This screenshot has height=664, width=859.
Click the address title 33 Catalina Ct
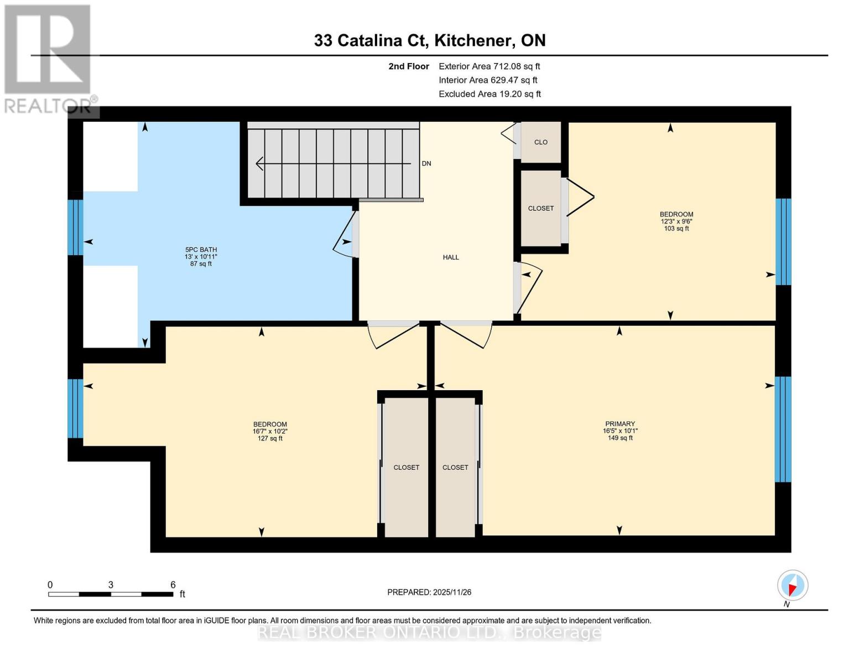pyautogui.click(x=429, y=40)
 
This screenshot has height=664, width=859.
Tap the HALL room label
pyautogui.click(x=451, y=257)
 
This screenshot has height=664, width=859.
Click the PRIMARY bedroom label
pyautogui.click(x=619, y=424)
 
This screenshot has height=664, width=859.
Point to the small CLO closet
pyautogui.click(x=541, y=142)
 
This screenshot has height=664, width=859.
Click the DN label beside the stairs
pyautogui.click(x=426, y=164)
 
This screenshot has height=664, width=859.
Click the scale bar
pyautogui.click(x=111, y=594)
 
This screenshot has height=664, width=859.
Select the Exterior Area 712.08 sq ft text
pyautogui.click(x=489, y=66)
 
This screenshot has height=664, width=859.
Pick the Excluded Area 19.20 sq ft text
pyautogui.click(x=490, y=94)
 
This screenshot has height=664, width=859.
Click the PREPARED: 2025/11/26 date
pyautogui.click(x=429, y=592)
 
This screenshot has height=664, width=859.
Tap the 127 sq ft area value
pyautogui.click(x=270, y=439)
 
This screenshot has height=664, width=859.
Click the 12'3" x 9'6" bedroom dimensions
pyautogui.click(x=676, y=221)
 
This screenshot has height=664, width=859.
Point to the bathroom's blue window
pyautogui.click(x=75, y=227)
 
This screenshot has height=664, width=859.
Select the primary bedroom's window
pyautogui.click(x=783, y=429)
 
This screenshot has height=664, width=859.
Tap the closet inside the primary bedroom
pyautogui.click(x=455, y=468)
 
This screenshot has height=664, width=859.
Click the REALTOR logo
pyautogui.click(x=49, y=59)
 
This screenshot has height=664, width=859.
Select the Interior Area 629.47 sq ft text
pyautogui.click(x=488, y=80)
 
